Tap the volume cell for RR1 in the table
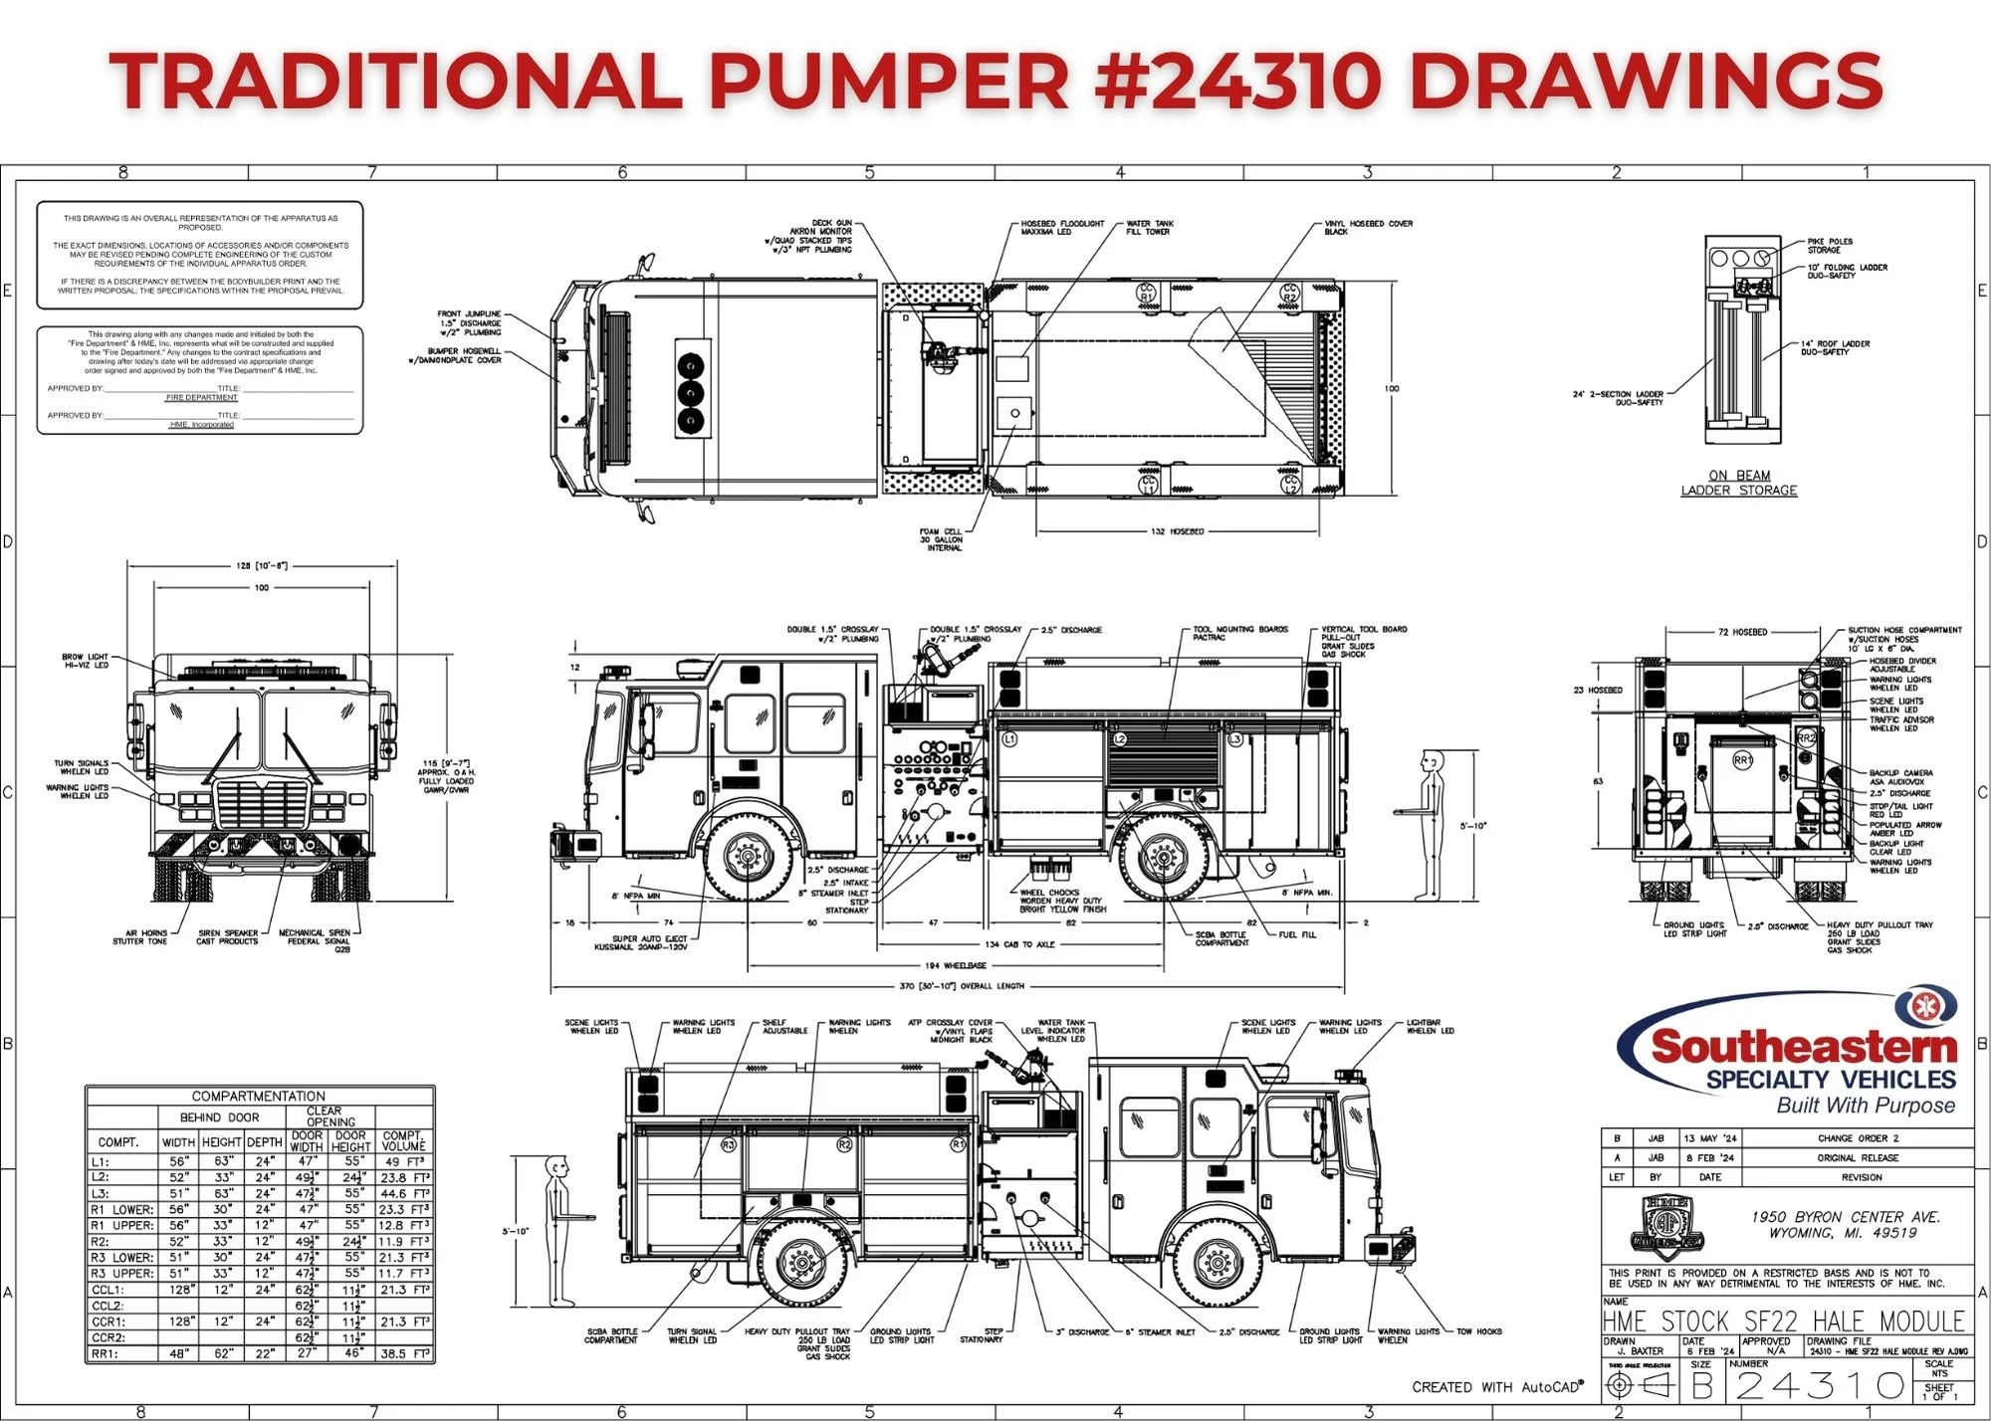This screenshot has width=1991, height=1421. click(x=404, y=1354)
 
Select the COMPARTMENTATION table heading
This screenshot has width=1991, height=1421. click(x=259, y=1096)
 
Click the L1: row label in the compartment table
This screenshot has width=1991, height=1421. click(x=101, y=1161)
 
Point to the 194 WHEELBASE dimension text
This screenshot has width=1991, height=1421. click(x=955, y=965)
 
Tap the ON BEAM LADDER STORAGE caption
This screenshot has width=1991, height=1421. click(x=1739, y=483)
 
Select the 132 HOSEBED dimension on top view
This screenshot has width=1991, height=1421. click(x=1177, y=531)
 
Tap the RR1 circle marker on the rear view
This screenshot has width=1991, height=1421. click(x=1743, y=760)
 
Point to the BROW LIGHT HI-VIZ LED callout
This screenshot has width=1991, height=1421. click(x=86, y=661)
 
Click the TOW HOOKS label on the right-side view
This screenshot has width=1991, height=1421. click(x=1479, y=1331)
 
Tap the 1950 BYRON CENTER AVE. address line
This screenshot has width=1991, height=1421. click(x=1847, y=1217)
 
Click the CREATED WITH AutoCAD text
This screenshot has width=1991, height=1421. click(x=1497, y=1386)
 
